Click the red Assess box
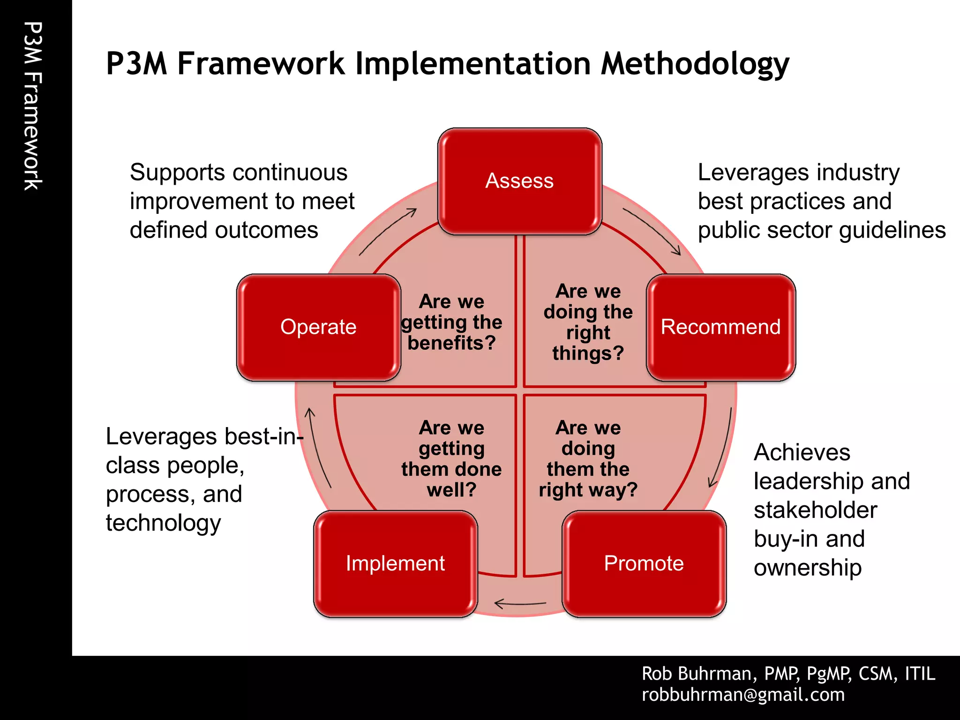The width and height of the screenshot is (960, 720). click(519, 181)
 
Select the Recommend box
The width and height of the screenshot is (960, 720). click(720, 327)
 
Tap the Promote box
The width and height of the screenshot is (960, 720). click(644, 563)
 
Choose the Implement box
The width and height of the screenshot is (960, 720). click(395, 563)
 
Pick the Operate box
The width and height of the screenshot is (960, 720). click(318, 327)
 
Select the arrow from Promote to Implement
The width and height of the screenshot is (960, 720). click(520, 604)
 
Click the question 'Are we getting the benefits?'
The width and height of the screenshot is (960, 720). click(451, 322)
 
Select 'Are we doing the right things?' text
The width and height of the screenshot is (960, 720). click(588, 322)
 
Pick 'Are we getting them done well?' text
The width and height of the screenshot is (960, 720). click(451, 458)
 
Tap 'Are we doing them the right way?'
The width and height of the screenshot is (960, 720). click(588, 458)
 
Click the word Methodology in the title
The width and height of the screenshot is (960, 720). click(695, 64)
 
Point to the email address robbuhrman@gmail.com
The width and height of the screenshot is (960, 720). click(743, 695)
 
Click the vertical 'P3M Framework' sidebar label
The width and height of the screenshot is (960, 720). click(33, 106)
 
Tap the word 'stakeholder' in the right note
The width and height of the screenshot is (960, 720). click(815, 510)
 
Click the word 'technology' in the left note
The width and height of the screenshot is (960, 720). click(163, 523)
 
